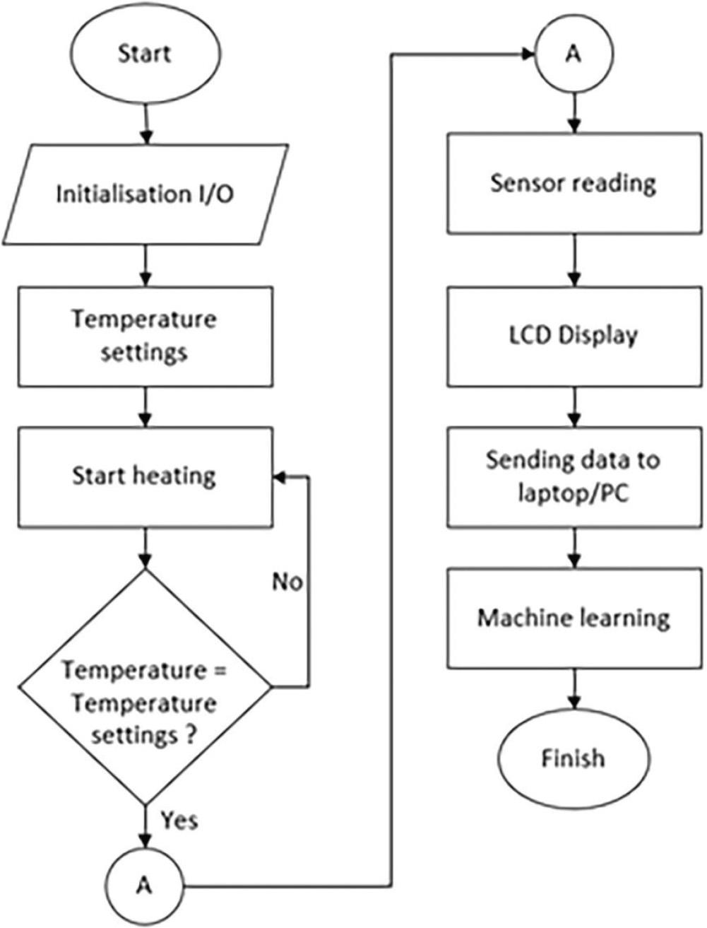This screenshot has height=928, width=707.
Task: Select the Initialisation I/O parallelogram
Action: (x=144, y=194)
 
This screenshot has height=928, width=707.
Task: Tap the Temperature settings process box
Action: (x=144, y=336)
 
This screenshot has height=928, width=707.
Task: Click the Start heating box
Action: (x=144, y=476)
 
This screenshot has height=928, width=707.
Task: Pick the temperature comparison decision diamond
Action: (x=144, y=686)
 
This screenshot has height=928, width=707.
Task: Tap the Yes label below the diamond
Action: (x=179, y=820)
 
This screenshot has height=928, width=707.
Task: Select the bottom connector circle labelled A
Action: (x=144, y=885)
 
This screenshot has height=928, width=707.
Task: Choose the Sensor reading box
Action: (x=573, y=183)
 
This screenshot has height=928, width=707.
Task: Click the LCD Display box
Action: (x=573, y=336)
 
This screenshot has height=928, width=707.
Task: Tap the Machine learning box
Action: (x=573, y=618)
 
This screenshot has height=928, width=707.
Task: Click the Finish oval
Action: (x=573, y=758)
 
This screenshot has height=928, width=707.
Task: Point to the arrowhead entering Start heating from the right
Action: (x=280, y=478)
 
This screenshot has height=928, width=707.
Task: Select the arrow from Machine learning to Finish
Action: (x=573, y=689)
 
